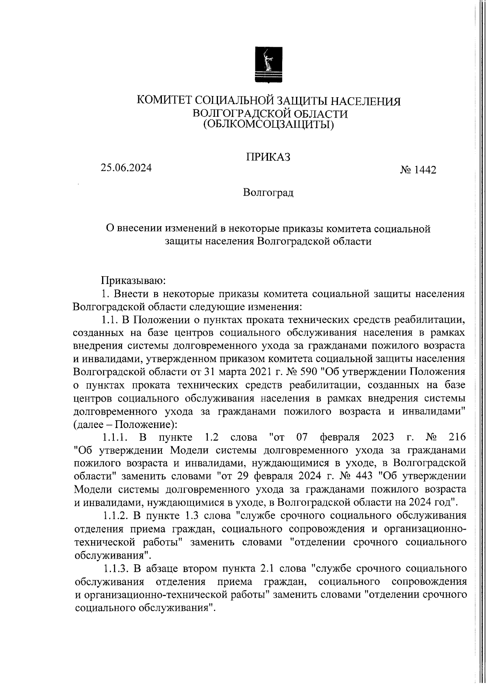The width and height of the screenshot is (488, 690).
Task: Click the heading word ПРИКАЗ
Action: (x=268, y=157)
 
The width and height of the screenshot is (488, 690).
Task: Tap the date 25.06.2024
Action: (x=126, y=168)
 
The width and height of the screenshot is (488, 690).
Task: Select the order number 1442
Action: (x=425, y=170)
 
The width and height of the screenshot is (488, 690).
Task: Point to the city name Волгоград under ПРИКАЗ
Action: (x=268, y=192)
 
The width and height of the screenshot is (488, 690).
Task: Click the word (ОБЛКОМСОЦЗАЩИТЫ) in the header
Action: (x=268, y=124)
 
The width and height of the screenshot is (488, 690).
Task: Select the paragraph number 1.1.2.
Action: (x=116, y=516)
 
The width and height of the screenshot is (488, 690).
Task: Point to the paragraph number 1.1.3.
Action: (x=116, y=568)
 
